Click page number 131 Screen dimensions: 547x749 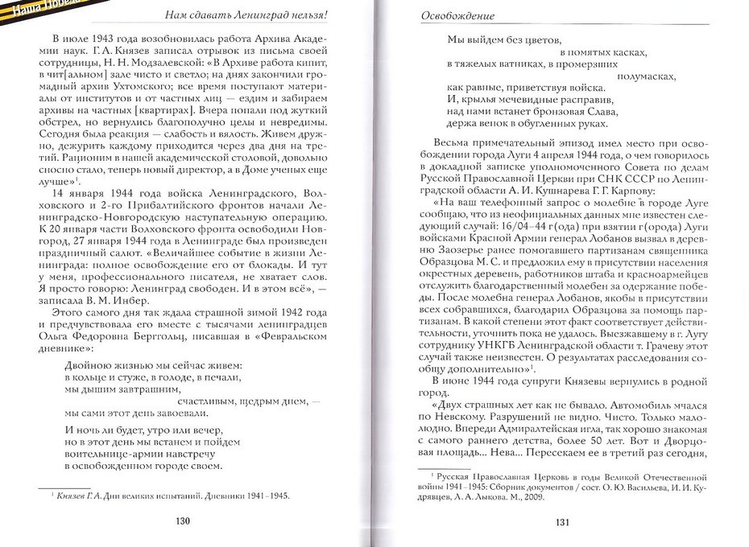[563, 522]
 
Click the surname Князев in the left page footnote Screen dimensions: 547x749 [72, 496]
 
